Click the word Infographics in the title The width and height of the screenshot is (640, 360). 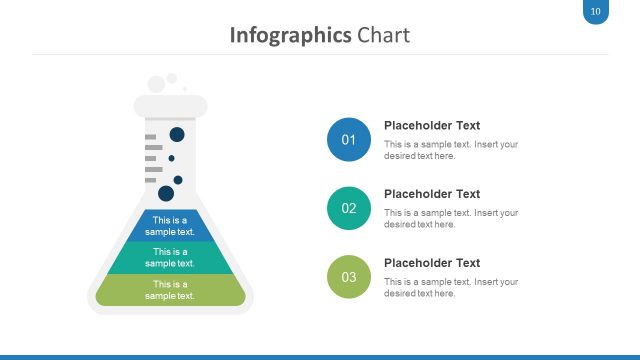pos(290,36)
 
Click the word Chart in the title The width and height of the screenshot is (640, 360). pos(383,35)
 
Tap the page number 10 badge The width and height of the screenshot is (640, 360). pos(596,11)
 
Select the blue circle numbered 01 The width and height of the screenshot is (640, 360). pos(349,140)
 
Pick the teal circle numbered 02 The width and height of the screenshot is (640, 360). pos(349,208)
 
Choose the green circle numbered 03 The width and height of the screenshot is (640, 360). pos(349,277)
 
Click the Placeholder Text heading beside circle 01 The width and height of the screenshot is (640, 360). pos(432,125)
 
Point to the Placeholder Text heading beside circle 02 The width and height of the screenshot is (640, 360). pos(432,194)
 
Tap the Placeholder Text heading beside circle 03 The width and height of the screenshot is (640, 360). pos(432,263)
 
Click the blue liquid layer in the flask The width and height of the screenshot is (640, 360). pos(170,226)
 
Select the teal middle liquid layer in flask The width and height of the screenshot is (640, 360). pos(170,258)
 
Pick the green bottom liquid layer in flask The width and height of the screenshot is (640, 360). pos(170,290)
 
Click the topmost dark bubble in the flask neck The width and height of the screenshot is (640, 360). pos(177,134)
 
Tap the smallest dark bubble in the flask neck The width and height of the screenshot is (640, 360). pos(171,158)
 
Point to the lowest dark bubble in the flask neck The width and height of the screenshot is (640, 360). pos(166,193)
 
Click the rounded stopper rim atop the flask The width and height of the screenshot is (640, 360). pos(171,106)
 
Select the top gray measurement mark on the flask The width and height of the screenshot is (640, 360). pos(151,137)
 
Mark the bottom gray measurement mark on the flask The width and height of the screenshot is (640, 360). pos(151,180)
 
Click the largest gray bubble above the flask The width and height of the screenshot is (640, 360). pos(156,84)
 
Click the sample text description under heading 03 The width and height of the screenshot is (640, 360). pos(451,287)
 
